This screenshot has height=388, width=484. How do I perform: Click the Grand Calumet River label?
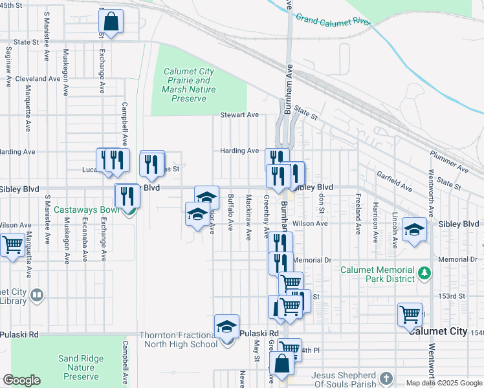[334, 20]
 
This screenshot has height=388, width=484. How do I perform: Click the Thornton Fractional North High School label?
[179, 339]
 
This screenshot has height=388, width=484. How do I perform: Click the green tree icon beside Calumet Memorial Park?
[424, 273]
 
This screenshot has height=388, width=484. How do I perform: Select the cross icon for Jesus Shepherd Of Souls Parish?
[386, 376]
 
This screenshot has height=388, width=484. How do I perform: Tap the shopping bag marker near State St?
[111, 22]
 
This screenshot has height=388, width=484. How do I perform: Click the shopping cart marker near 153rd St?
[410, 316]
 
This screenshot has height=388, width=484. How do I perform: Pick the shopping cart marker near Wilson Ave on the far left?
[12, 246]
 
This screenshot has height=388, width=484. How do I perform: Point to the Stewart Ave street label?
[239, 115]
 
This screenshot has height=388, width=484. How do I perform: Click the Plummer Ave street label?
[449, 162]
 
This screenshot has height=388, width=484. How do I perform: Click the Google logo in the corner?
[21, 380]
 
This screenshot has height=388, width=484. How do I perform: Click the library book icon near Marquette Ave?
[37, 296]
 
